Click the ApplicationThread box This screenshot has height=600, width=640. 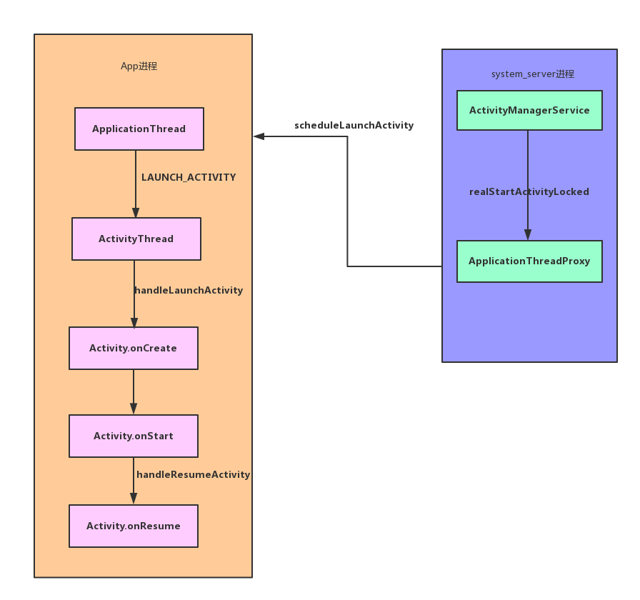pos(139,129)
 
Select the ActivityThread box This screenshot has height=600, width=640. pos(136,239)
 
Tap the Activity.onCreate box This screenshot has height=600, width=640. pos(133,348)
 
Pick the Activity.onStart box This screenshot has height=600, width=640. pos(133,436)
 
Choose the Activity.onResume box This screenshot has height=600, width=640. pos(133,526)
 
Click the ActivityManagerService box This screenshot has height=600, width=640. pos(529,110)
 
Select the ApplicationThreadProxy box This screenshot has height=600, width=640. pos(529,261)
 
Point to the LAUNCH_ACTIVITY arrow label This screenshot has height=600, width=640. pos(189,177)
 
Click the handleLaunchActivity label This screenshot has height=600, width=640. pos(189,291)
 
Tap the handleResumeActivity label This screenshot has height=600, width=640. pos(194,474)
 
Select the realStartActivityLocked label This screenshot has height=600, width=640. pos(529,191)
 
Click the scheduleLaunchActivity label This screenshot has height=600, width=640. pos(354,126)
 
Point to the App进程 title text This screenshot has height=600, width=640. pos(139,66)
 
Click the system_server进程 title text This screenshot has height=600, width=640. pos(533,74)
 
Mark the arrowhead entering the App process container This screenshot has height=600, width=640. pos(259,136)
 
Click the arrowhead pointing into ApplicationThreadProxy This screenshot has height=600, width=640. pos(528,235)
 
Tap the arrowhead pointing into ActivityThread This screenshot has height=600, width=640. pos(136,213)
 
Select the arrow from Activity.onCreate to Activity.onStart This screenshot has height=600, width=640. pos(134,391)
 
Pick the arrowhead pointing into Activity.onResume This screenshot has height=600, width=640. pos(134,499)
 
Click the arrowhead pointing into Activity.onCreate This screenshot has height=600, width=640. pos(134,322)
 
